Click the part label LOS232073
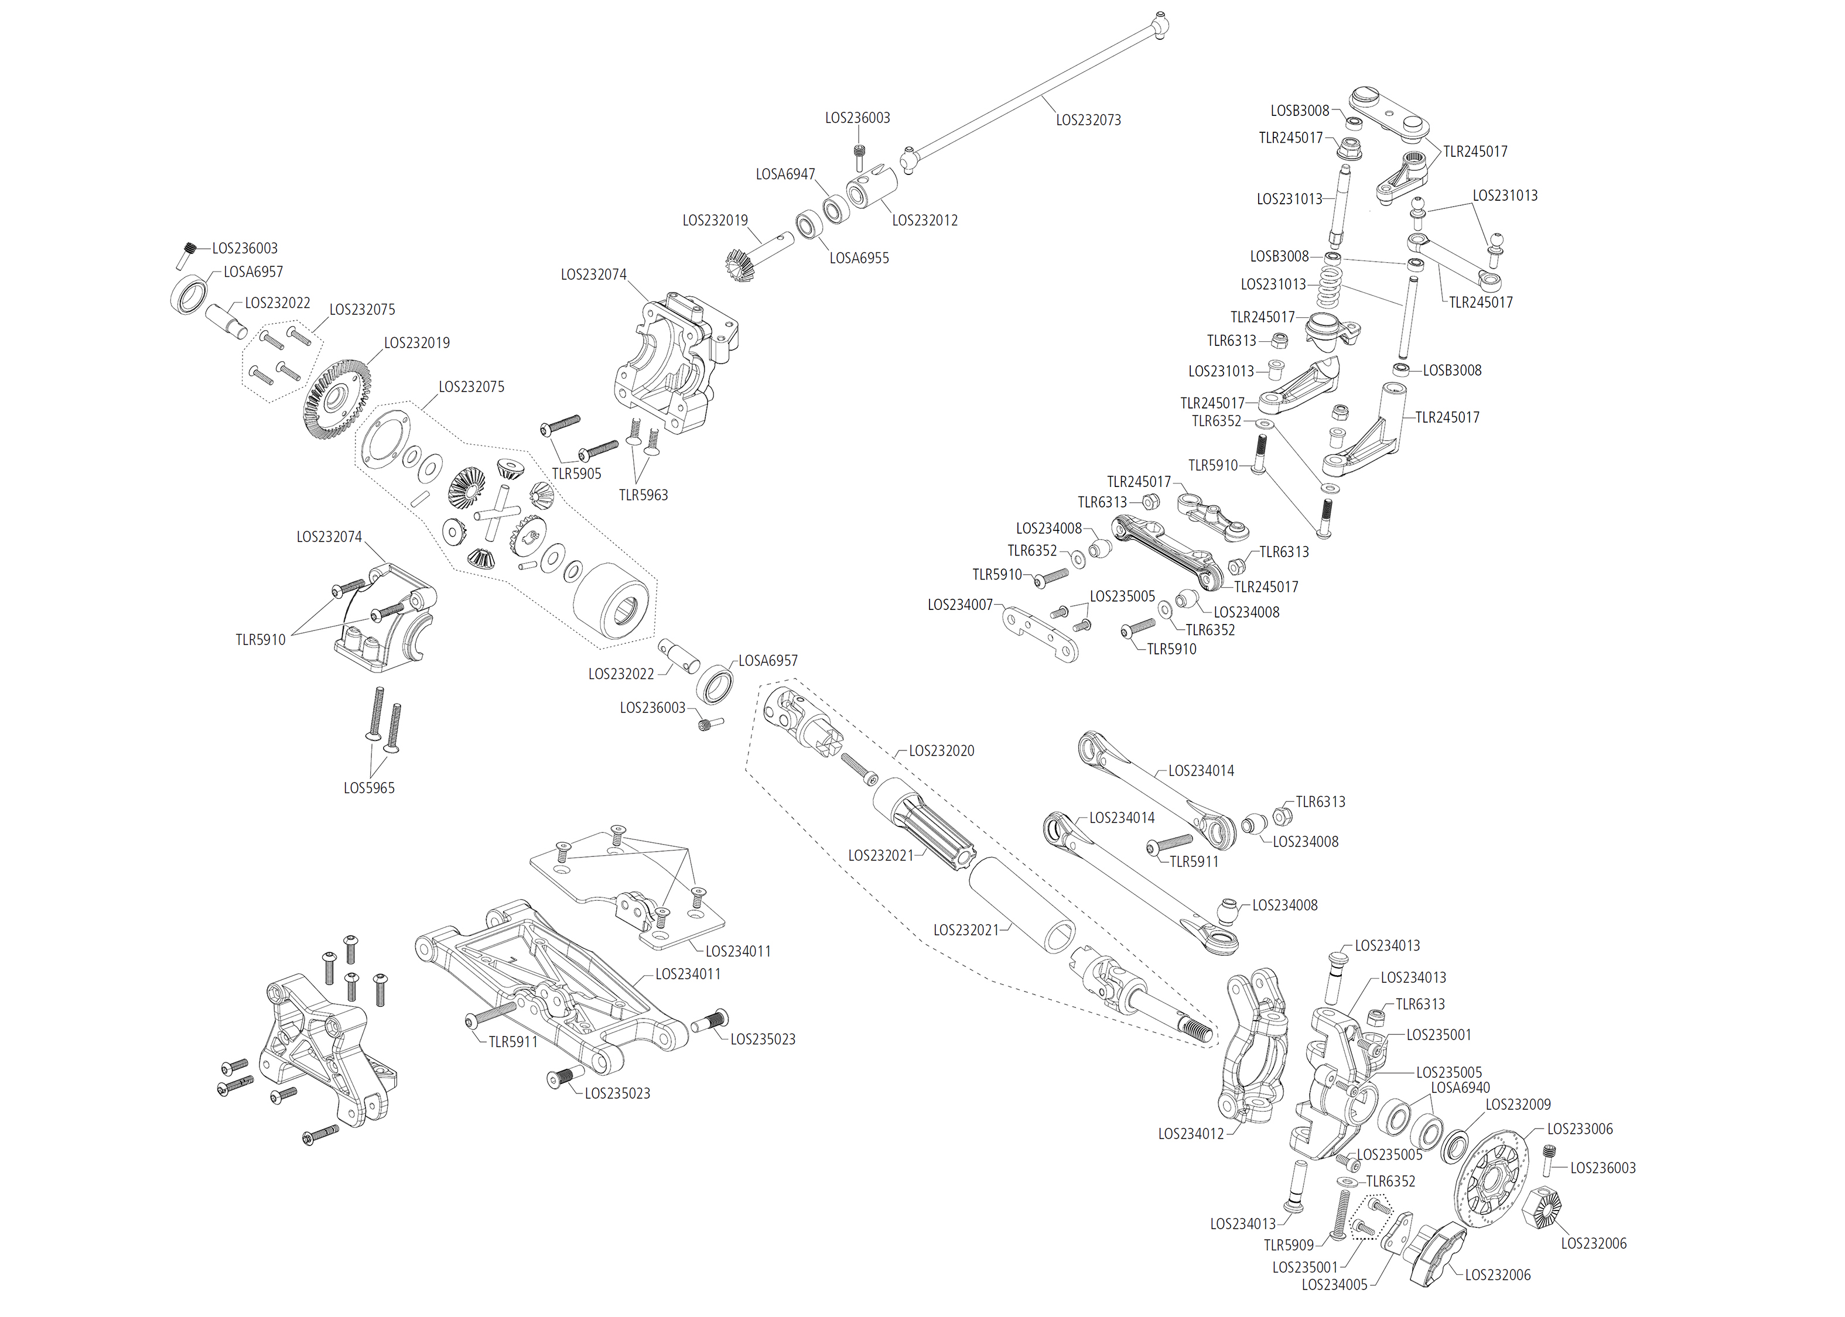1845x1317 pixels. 1088,120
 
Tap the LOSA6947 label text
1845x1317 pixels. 785,174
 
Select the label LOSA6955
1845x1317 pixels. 859,258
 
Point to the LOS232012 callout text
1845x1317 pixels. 924,221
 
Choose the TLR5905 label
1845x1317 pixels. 576,474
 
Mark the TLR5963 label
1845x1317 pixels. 643,495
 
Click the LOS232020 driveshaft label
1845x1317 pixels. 941,751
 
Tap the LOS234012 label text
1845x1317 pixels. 1190,1134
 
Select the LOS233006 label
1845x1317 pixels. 1579,1129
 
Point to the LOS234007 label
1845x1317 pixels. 960,605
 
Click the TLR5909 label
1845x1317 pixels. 1289,1245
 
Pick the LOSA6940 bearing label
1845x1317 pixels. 1460,1088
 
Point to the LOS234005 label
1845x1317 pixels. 1334,1285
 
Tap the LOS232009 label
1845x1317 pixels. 1517,1105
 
